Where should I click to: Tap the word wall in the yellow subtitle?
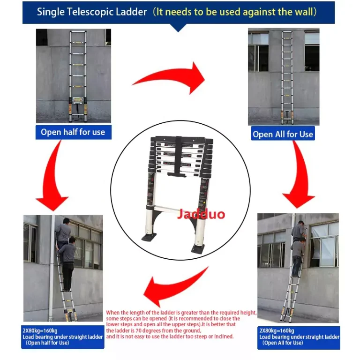coord(303,12)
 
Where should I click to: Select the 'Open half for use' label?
coord(73,132)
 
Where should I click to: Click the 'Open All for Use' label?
coord(283,134)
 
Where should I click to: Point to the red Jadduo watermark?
coord(201,214)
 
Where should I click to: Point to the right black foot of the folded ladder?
coord(198,248)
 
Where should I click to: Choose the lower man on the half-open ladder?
coord(67,264)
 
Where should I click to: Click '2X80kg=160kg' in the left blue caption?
coord(40,330)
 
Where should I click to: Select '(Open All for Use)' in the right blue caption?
coord(283,343)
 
